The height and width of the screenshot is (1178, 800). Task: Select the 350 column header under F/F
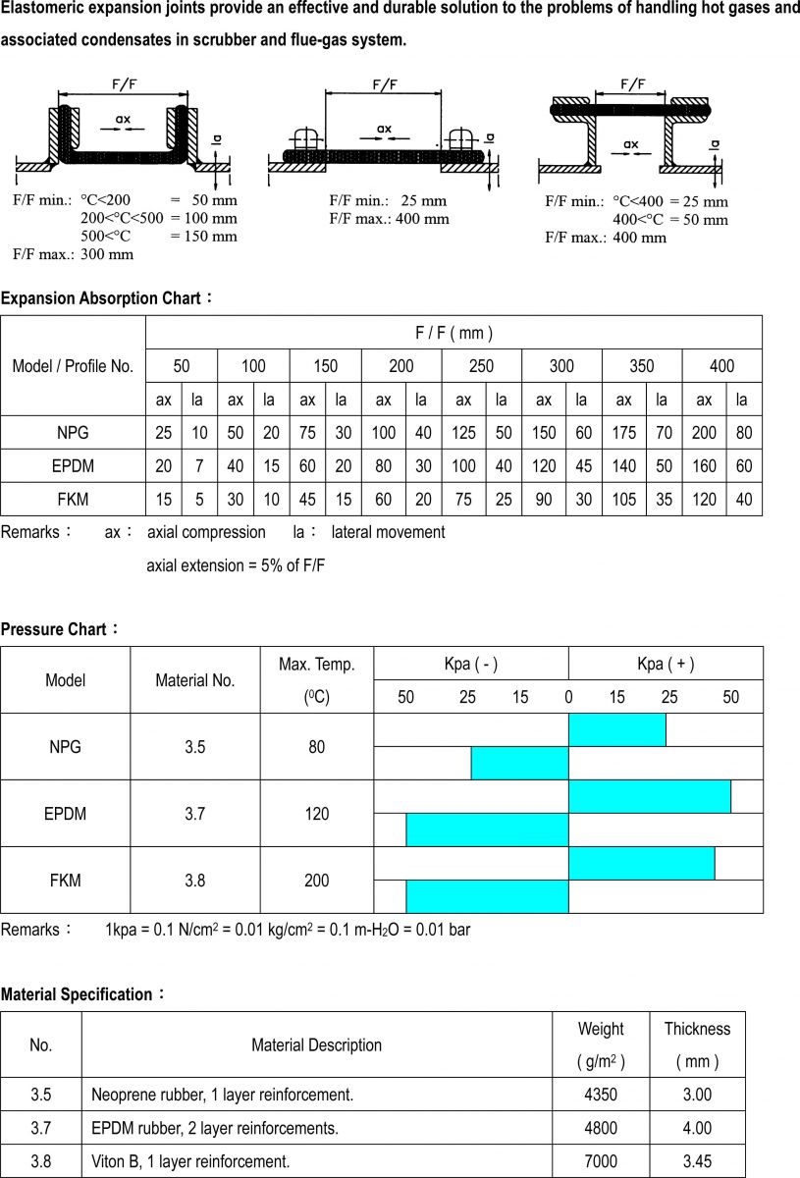641,366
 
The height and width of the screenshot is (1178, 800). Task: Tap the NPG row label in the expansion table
73,433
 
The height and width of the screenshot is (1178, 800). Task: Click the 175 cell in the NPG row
623,433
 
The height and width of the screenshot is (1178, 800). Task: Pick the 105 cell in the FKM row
623,500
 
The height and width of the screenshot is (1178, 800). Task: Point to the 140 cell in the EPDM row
623,466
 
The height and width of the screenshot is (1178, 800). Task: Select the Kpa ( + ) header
665,664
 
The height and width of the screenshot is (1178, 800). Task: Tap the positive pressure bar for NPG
617,729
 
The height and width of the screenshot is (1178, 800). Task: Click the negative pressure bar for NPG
519,763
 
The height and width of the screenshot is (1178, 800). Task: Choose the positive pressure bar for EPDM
649,796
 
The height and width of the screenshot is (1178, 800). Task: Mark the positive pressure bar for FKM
641,863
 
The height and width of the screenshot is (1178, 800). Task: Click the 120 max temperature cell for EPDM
316,814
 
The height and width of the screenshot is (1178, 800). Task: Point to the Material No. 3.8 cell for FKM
194,881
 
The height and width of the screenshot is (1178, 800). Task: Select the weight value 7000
600,1161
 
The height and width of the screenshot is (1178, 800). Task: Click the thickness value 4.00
696,1128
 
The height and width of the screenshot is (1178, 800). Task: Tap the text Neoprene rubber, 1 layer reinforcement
222,1095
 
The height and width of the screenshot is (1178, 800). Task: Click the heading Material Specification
78,994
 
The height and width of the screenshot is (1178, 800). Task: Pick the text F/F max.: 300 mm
74,254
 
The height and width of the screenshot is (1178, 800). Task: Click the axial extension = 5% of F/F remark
236,565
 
